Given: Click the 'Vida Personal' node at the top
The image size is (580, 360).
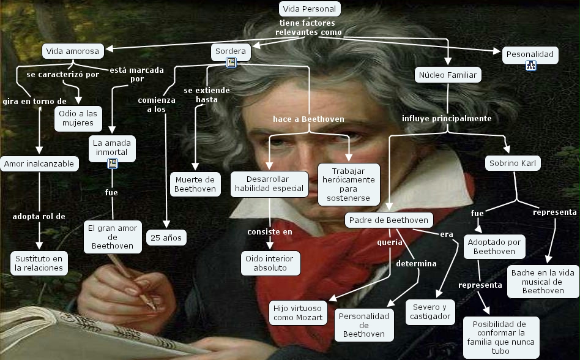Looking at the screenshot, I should (x=310, y=9).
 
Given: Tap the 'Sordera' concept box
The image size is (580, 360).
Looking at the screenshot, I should (x=231, y=51).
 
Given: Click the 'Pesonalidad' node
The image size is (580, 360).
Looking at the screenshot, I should (x=530, y=54).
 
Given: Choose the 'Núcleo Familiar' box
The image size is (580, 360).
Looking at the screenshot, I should (x=448, y=75).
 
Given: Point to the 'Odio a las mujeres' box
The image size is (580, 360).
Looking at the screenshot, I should (x=78, y=118).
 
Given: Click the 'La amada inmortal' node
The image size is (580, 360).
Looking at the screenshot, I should (x=110, y=148).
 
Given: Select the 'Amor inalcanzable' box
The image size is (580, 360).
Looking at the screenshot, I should (x=39, y=163).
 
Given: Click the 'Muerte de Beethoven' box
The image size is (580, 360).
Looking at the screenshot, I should (x=195, y=184).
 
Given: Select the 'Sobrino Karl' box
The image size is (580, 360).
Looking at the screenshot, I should (x=513, y=163).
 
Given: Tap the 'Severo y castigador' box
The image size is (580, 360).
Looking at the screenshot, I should (x=431, y=312).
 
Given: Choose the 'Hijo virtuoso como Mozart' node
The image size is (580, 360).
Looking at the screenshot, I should (x=297, y=313).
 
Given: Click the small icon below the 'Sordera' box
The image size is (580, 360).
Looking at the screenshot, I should (x=231, y=63).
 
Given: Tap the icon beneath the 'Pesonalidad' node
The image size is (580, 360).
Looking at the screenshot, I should (x=530, y=66).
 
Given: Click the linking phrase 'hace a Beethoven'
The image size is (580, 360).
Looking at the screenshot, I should (x=308, y=119).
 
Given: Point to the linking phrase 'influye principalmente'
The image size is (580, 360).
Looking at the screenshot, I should (x=447, y=119).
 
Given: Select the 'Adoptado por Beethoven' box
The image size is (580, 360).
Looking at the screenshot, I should (x=494, y=247).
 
